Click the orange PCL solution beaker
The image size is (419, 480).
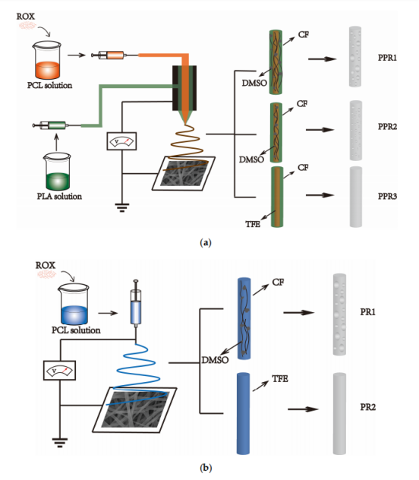[x=47, y=60]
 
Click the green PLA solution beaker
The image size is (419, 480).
[x=57, y=172]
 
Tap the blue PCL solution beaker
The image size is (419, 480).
[x=74, y=305]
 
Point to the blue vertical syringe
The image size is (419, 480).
[x=136, y=303]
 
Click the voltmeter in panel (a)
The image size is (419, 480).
[x=121, y=141]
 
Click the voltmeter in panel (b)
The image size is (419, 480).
[x=60, y=371]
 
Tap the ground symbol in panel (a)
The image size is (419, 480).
[x=121, y=207]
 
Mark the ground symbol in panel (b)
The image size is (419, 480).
[x=60, y=443]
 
